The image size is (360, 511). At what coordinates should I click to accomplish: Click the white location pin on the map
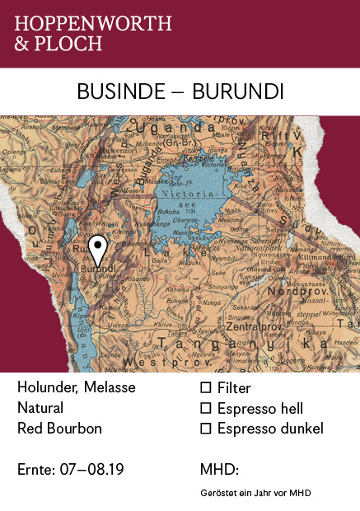(x=98, y=246)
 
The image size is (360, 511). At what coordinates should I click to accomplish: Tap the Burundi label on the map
(x=98, y=269)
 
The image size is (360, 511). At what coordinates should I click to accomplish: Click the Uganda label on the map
(x=176, y=129)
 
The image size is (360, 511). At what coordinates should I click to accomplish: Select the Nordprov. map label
(x=308, y=290)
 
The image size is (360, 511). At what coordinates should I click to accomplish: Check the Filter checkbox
(x=206, y=387)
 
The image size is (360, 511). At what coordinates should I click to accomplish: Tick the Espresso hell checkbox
(x=206, y=408)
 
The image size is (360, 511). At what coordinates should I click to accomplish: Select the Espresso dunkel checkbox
(x=206, y=429)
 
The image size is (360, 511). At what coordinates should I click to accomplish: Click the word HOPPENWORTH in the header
(x=93, y=23)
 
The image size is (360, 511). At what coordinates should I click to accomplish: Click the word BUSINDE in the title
(x=120, y=91)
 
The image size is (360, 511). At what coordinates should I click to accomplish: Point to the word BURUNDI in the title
(x=237, y=91)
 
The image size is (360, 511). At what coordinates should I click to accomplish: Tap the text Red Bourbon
(x=59, y=429)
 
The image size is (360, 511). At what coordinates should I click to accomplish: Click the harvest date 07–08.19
(x=92, y=470)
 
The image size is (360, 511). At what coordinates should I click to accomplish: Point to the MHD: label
(x=219, y=470)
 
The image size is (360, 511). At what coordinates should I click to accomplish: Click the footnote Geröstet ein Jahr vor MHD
(x=255, y=493)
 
